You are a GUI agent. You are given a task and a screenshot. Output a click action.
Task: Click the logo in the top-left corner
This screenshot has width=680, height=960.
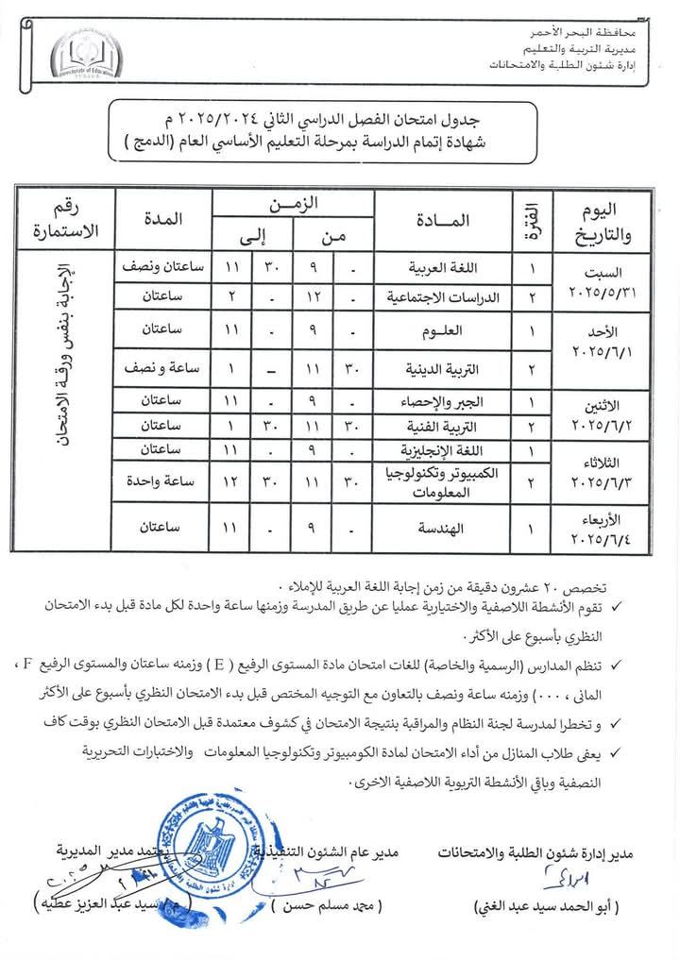click(86, 57)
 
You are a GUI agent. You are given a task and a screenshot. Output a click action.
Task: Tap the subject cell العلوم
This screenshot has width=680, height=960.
click(444, 331)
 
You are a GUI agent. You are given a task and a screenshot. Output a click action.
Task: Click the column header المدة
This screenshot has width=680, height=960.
click(162, 218)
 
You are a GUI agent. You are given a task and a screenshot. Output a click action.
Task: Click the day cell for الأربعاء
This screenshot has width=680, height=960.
click(602, 530)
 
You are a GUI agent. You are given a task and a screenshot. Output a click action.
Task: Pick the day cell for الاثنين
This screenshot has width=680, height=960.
click(602, 413)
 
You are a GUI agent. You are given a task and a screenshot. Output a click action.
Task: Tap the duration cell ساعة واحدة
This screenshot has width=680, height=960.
click(161, 481)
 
